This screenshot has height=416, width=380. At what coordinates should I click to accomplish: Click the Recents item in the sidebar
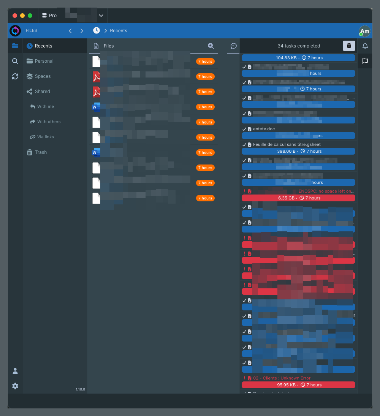click(x=43, y=46)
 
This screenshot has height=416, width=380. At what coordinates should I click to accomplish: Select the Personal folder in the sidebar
click(x=44, y=61)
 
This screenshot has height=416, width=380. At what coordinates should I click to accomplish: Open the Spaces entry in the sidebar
click(x=43, y=76)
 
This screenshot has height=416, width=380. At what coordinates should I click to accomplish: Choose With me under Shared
click(x=45, y=107)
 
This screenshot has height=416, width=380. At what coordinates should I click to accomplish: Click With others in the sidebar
click(x=49, y=122)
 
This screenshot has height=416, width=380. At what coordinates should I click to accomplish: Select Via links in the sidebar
click(x=45, y=137)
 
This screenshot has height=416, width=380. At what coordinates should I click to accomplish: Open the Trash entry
click(x=41, y=152)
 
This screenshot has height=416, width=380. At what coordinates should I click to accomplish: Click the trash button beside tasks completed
click(x=349, y=46)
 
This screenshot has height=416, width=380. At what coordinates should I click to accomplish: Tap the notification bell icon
click(x=365, y=46)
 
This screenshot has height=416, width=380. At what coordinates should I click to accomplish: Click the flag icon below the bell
click(x=365, y=61)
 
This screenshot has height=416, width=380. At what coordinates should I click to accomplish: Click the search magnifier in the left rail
click(x=15, y=61)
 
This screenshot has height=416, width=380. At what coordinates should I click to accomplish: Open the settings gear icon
click(x=15, y=386)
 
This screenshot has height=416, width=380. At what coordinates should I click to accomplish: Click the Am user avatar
click(x=365, y=31)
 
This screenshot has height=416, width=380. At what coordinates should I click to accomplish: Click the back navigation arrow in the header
click(x=70, y=31)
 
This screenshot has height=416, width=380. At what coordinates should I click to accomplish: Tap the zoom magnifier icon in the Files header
click(x=211, y=46)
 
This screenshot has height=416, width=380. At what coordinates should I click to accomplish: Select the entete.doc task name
click(x=264, y=129)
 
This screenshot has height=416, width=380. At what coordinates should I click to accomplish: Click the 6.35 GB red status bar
click(x=298, y=198)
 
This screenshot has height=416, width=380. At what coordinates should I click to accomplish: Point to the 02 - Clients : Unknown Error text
click(x=282, y=378)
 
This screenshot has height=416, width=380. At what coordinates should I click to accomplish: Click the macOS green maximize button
click(x=30, y=16)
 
